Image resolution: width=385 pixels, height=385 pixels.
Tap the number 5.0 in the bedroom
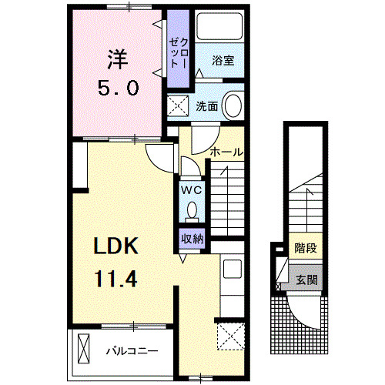117,87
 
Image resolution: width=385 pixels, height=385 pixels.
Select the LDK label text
115,246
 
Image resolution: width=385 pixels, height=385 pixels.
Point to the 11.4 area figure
115,277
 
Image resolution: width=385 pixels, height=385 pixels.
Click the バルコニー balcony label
132,351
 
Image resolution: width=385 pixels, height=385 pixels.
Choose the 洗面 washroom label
206,107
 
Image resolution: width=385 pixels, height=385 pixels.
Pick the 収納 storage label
192,238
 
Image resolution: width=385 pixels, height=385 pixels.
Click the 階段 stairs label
306,249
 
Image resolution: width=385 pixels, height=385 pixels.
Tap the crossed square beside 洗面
178,107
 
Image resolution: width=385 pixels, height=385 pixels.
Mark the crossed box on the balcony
82,350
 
